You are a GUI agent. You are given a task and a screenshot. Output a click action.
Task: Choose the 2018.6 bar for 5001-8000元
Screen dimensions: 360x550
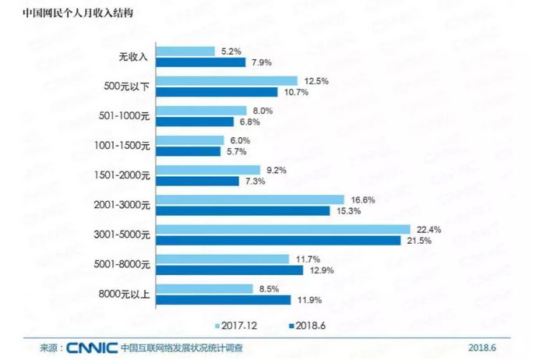coord(231,270)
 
